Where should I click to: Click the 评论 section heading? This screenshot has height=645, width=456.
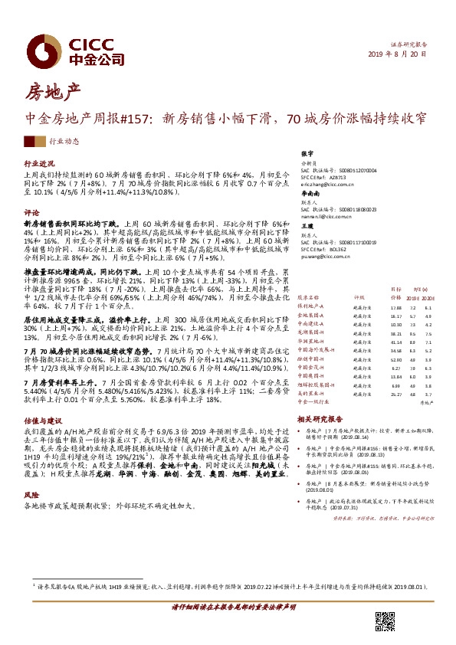pos(31,211)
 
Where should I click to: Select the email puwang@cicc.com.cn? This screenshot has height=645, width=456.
pos(326,258)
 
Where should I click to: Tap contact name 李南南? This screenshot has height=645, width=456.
pos(309,194)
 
